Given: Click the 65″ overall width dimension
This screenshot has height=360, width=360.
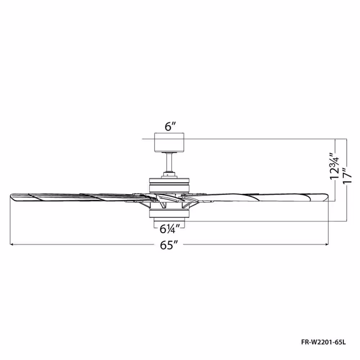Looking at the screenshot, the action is (x=169, y=245).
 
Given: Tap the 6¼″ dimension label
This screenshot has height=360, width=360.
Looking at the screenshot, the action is (x=170, y=229).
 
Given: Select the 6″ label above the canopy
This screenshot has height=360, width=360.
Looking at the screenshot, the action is (x=170, y=126).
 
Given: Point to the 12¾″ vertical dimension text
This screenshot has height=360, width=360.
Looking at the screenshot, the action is (x=334, y=166).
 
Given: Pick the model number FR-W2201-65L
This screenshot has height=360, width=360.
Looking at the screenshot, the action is (x=323, y=342).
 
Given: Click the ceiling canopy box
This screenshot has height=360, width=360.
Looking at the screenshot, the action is (x=169, y=142).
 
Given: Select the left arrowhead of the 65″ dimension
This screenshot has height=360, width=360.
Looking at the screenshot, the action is (x=12, y=244).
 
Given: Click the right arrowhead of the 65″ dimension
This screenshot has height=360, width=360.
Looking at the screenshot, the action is (x=327, y=244).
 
